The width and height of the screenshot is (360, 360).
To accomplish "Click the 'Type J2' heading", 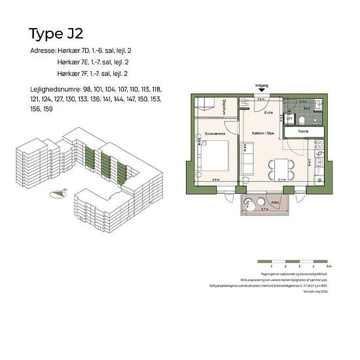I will [56, 33].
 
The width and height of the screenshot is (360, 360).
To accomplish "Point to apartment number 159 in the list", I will [48, 109].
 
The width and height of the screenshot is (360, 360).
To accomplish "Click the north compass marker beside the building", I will [60, 192].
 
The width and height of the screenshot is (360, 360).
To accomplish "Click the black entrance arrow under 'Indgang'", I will [261, 92].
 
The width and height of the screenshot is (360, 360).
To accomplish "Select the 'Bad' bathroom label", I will [306, 109].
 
